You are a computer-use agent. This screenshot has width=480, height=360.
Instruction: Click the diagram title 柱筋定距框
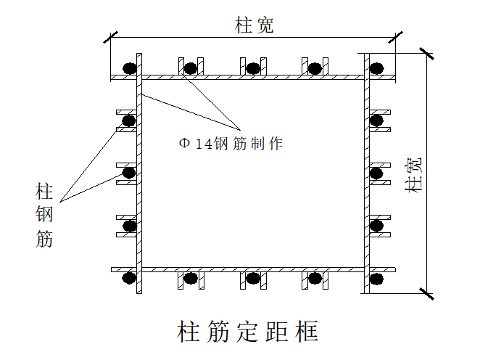click(x=247, y=332)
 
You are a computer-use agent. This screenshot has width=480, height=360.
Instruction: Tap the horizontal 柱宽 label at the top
click(x=254, y=26)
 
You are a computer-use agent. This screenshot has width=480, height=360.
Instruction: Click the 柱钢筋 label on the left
click(x=44, y=216)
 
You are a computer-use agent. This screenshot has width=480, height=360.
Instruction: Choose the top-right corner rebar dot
click(x=376, y=69)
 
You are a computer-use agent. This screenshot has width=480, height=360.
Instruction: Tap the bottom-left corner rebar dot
click(x=130, y=277)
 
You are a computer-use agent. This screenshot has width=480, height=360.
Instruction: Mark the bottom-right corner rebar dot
click(x=376, y=277)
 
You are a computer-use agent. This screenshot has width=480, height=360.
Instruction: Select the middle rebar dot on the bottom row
click(x=252, y=277)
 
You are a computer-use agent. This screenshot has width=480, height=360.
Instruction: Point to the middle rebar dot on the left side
click(x=130, y=173)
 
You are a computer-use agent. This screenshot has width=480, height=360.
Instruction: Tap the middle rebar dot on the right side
click(x=376, y=173)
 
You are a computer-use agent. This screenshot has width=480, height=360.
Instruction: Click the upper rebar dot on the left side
click(x=130, y=120)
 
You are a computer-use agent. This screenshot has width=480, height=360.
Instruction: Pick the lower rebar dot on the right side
click(x=376, y=226)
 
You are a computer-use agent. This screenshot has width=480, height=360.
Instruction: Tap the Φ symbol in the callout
click(x=184, y=144)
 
